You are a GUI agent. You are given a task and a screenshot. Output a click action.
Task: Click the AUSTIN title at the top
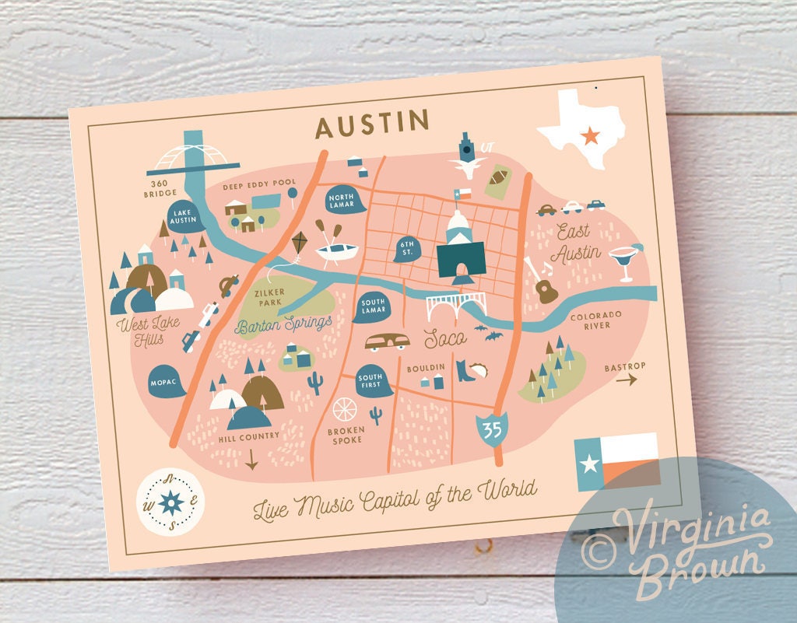click(372, 123)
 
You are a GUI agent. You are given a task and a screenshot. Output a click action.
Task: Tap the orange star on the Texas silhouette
click(590, 135)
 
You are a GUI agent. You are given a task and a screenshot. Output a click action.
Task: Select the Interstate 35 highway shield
click(491, 429)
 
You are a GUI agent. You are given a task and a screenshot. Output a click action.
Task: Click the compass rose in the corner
click(170, 502)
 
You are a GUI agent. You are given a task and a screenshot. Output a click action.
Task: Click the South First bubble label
click(370, 381)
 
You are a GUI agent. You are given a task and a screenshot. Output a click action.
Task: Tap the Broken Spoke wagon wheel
click(344, 408)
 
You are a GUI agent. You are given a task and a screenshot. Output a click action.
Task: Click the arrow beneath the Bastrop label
click(627, 380)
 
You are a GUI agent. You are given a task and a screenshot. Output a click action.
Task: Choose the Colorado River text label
click(596, 320)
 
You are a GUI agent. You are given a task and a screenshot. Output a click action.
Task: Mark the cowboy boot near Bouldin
click(464, 369)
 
